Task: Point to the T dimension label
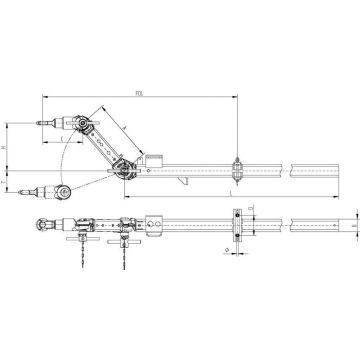click(x=5, y=177)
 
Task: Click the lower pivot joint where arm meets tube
click(x=123, y=166)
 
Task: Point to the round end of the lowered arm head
click(x=65, y=190)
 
